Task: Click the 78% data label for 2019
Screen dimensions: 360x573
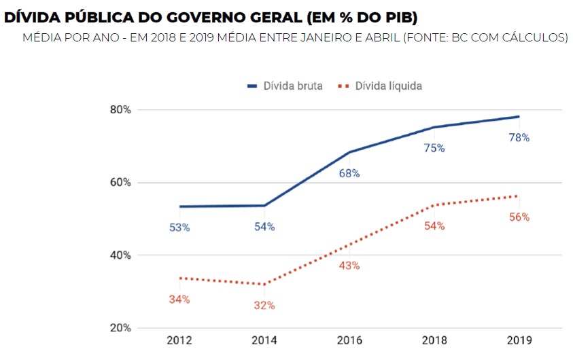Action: [x=519, y=137]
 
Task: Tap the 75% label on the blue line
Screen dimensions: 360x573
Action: [x=434, y=148]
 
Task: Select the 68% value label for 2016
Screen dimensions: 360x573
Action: [x=349, y=173]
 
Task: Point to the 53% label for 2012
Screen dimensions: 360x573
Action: [x=179, y=228]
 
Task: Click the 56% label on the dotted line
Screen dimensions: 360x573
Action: [x=519, y=217]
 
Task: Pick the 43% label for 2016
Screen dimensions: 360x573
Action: [x=349, y=266]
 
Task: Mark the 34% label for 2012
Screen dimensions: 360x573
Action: [x=179, y=299]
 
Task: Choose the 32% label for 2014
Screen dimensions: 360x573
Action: [x=264, y=306]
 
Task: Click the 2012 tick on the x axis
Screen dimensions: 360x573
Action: [x=179, y=340]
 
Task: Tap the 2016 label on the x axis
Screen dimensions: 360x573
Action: [x=349, y=340]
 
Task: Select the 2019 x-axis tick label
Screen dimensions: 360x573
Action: [x=519, y=340]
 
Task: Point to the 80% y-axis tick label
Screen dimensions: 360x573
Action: [x=120, y=110]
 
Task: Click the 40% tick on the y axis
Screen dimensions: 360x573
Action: [x=120, y=255]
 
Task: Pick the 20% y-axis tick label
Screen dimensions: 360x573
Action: [x=120, y=328]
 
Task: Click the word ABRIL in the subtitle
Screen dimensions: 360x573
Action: [x=379, y=37]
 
